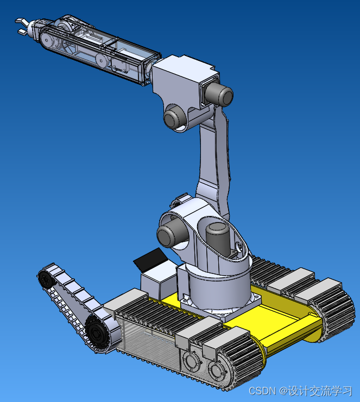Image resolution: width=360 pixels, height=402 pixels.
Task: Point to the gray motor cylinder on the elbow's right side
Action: (x=221, y=95)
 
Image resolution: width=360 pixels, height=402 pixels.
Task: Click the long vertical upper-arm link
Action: (x=214, y=163)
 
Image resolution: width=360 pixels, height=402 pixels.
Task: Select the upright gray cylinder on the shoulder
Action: (x=217, y=238)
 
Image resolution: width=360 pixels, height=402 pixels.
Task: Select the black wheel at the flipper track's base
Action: (x=97, y=331)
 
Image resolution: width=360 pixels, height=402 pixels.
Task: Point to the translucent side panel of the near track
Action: (x=147, y=342)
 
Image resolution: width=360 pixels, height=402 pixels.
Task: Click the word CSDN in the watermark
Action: (x=260, y=391)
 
